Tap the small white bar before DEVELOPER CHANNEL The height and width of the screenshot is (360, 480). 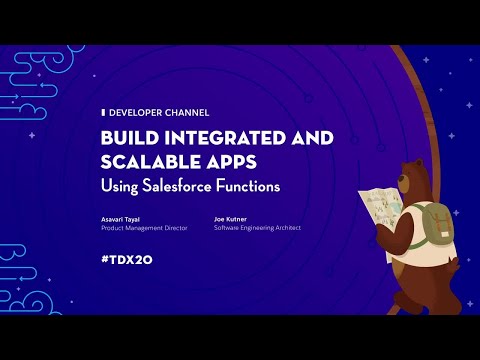(x=103, y=113)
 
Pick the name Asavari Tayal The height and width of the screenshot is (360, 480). (x=122, y=218)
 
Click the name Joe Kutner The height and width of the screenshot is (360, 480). (x=232, y=218)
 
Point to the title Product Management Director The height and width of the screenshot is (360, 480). (x=144, y=228)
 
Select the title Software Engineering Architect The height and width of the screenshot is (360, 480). (x=257, y=228)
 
